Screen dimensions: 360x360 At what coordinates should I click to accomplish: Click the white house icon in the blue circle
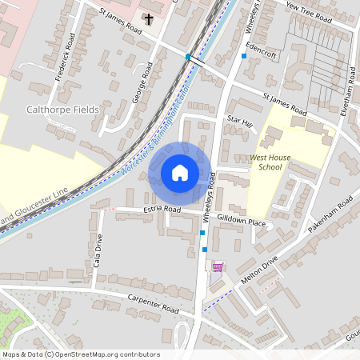point(180,172)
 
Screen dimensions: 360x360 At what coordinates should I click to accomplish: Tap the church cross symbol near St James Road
point(148,18)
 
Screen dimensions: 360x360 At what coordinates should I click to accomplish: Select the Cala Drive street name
point(98,250)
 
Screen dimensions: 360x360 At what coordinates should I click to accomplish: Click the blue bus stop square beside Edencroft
point(244,56)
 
